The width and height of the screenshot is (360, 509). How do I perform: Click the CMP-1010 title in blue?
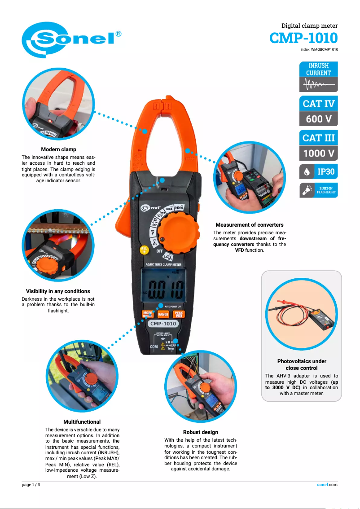coord(303,38)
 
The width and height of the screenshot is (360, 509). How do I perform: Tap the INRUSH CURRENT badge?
coord(318,69)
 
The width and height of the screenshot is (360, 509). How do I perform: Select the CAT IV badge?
coord(319,104)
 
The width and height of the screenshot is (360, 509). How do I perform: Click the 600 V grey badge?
coord(319,119)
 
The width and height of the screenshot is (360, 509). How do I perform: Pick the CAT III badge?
coord(319,138)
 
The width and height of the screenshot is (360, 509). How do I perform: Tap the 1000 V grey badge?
coord(319,153)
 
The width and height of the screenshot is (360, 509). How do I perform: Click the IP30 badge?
coord(319,171)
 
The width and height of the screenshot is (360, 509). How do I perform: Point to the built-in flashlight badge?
coord(319,190)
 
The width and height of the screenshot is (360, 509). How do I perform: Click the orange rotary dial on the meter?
coord(179,234)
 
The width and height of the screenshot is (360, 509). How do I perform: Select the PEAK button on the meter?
coord(179,314)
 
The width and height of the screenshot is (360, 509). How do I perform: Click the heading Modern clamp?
coord(58,149)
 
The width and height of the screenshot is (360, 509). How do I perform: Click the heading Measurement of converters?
coord(249,225)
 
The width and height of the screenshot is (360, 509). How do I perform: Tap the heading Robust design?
coord(201,432)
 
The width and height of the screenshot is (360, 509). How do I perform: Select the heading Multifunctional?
coord(82,422)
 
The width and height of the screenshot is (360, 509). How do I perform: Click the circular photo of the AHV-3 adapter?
coord(301,315)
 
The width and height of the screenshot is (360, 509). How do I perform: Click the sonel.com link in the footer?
coord(327,485)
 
